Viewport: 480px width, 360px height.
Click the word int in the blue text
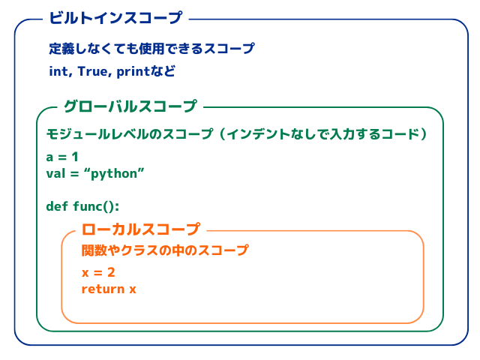pyautogui.click(x=58, y=73)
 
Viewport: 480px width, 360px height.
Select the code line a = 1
pyautogui.click(x=62, y=157)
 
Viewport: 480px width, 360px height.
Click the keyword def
pyautogui.click(x=56, y=206)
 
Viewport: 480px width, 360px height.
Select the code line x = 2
pyautogui.click(x=98, y=272)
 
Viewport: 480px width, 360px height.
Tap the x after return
pyautogui.click(x=133, y=289)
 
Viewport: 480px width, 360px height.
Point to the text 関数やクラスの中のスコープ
pyautogui.click(x=165, y=250)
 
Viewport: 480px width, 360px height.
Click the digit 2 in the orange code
pyautogui.click(x=110, y=272)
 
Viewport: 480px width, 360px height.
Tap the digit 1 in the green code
pyautogui.click(x=74, y=157)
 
